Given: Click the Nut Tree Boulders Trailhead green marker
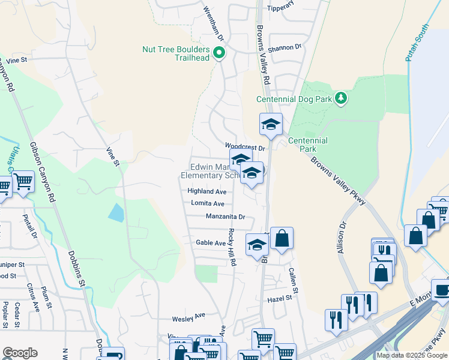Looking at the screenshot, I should (219, 53).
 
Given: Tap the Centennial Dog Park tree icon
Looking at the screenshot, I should (341, 97).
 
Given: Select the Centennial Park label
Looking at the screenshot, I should (307, 144).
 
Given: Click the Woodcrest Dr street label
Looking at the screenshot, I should (245, 146).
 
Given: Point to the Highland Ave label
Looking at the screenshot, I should (206, 191).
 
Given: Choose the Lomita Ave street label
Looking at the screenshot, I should (208, 203).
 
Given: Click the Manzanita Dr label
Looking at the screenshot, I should (226, 216).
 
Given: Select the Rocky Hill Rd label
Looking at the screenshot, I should (232, 247).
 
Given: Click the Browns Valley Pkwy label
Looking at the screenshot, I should (338, 181).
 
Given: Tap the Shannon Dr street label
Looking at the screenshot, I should (285, 47).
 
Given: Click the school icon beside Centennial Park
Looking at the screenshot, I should (271, 125).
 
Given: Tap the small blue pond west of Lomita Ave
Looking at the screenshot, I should (116, 212).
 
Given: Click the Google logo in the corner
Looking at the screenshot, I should (20, 353).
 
